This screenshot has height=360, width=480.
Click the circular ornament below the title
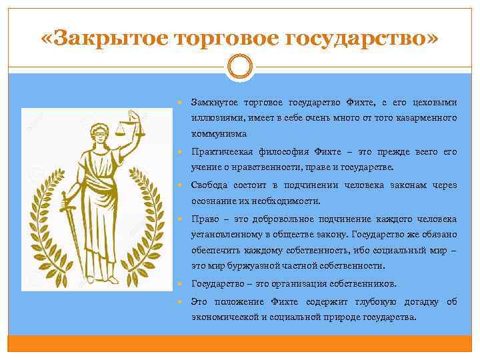239,67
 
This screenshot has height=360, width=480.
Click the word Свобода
208,185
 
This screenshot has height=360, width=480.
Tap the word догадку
417,301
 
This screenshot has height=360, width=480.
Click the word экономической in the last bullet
225,317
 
